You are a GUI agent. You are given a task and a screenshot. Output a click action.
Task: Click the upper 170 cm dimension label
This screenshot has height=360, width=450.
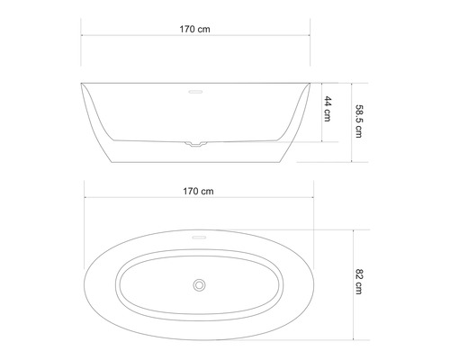196,29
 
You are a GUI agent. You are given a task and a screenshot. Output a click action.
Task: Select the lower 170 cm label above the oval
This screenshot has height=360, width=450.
196,190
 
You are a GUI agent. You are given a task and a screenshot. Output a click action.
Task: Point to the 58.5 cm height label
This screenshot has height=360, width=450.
359,121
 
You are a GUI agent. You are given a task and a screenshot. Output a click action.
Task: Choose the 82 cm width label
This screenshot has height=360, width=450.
359,283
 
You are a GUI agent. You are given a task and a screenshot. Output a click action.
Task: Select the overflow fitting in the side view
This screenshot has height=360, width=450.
196,91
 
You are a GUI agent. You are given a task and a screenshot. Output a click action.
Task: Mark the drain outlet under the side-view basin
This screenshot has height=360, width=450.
196,143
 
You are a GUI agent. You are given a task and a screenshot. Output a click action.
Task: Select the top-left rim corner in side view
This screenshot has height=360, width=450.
83,84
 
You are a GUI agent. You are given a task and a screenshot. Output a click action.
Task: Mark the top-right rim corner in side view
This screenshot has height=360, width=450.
310,84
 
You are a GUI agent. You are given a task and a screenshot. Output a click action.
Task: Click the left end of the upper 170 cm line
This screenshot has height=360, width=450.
83,37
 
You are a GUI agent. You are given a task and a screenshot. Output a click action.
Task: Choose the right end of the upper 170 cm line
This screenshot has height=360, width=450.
310,37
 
